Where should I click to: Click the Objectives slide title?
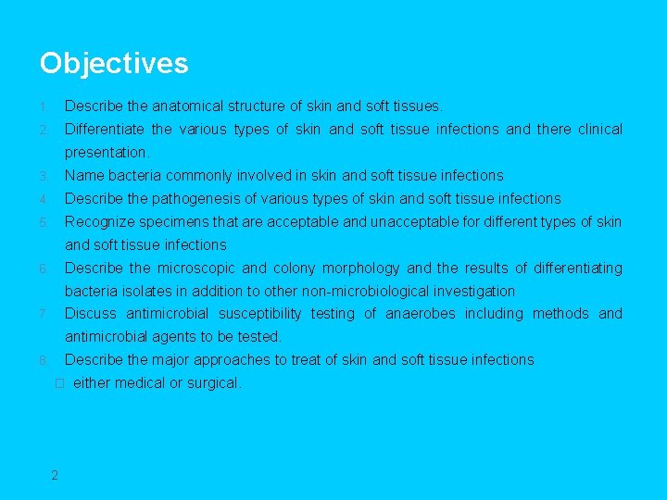pyautogui.click(x=114, y=63)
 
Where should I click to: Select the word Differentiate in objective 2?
pyautogui.click(x=104, y=130)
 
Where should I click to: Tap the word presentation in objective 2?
pyautogui.click(x=106, y=153)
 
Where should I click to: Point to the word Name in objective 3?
pyautogui.click(x=84, y=176)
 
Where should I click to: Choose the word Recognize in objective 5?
pyautogui.click(x=99, y=222)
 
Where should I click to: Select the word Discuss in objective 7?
pyautogui.click(x=91, y=314)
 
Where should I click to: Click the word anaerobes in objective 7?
pyautogui.click(x=421, y=314)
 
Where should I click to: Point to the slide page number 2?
pyautogui.click(x=55, y=475)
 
